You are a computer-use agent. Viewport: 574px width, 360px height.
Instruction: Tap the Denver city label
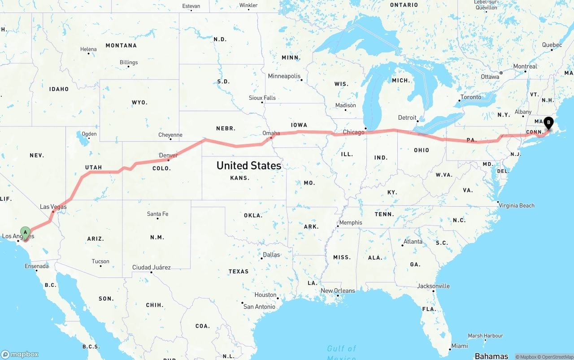[169, 156]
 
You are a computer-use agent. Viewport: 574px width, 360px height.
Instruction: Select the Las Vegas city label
[53, 207]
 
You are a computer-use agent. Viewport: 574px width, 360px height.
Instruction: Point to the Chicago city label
[354, 132]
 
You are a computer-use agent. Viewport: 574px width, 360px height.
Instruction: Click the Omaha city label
[271, 133]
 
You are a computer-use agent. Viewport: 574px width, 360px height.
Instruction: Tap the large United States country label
[249, 165]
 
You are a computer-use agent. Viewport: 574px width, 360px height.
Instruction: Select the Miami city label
[460, 346]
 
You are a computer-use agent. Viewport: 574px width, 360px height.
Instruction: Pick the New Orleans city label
[338, 291]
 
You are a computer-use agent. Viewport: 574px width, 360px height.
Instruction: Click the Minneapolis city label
[284, 76]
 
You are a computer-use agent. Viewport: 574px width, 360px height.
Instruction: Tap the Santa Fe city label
[157, 214]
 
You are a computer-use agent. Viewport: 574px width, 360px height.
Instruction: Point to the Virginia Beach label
[517, 205]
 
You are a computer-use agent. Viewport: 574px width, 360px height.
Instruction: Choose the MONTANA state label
[121, 45]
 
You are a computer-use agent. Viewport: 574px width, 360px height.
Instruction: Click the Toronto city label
[470, 97]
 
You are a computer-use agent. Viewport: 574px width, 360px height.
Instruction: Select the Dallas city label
[271, 255]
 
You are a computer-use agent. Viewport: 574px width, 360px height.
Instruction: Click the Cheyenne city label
[170, 135]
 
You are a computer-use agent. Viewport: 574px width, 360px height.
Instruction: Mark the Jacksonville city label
[433, 286]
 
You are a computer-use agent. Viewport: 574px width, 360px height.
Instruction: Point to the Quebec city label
[552, 45]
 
